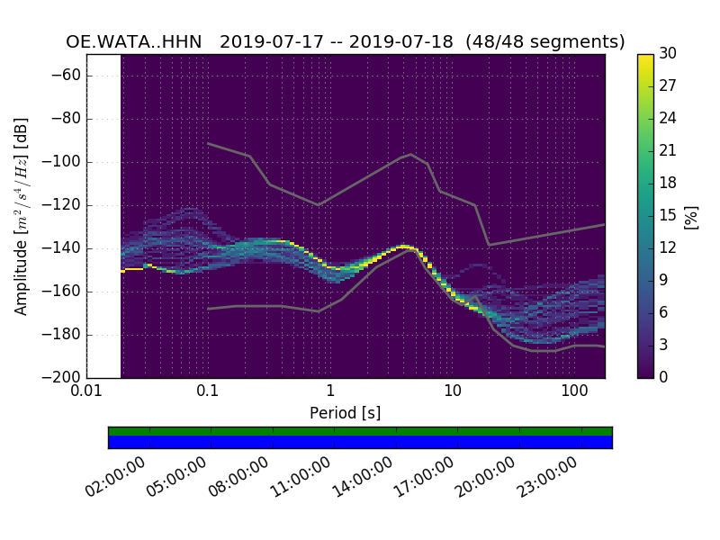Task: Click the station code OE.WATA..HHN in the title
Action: [x=134, y=42]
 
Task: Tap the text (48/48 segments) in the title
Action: [x=553, y=42]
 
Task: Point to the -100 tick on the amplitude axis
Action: [x=65, y=162]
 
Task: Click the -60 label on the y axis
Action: [x=68, y=76]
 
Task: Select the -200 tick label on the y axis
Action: [x=61, y=377]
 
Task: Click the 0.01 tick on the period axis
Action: [x=86, y=391]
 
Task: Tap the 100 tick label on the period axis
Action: [x=574, y=391]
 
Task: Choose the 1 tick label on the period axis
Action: [x=330, y=391]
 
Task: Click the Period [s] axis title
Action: [x=345, y=413]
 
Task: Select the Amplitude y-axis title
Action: [x=22, y=216]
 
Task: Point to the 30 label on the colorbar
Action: [x=668, y=54]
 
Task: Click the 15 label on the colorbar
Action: [x=667, y=215]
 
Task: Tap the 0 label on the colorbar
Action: [x=664, y=377]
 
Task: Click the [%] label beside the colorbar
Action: [x=691, y=216]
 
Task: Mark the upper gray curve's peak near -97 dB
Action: [x=411, y=154]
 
